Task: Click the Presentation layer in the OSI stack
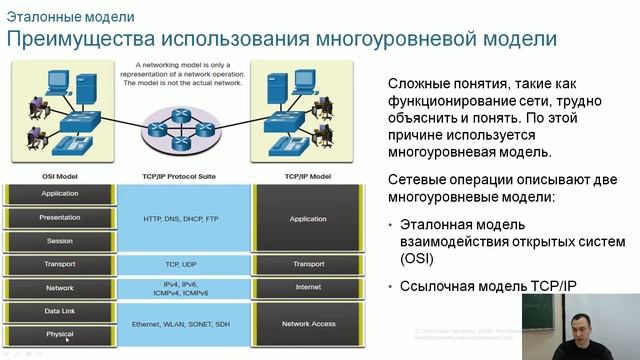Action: pos(60,217)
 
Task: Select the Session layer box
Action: pos(60,241)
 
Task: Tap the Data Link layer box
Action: pos(60,311)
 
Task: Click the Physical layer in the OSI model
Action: pos(60,334)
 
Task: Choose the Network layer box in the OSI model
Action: pos(60,288)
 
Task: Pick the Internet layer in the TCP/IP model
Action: pos(308,288)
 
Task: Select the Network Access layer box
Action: pos(308,324)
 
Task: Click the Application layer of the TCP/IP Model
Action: pos(308,218)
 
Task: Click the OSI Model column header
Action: pos(60,176)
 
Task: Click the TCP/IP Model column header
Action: pos(307,176)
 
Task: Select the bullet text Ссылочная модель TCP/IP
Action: pos(488,287)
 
